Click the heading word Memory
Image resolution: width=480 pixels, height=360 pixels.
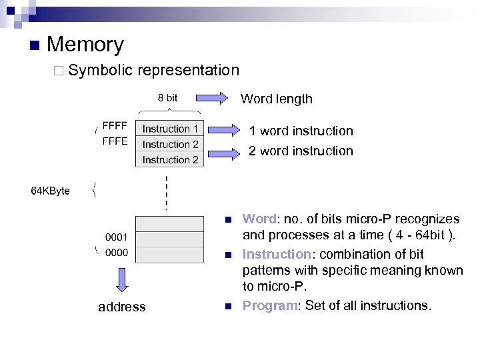point(85,45)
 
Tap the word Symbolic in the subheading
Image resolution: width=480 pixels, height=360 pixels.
point(100,70)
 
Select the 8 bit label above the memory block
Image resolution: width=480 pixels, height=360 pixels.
point(167,99)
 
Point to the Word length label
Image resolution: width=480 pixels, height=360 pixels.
point(276,99)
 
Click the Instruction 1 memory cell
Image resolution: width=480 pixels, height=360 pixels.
point(170,129)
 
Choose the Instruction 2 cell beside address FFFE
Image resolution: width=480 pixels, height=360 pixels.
point(170,144)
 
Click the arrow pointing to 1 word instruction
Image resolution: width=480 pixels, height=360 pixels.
point(223,130)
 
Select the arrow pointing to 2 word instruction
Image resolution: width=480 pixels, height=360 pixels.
point(223,153)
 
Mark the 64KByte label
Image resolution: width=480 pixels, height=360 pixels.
point(51,191)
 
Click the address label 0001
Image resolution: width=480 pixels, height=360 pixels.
point(117,237)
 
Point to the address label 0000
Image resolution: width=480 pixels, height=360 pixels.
point(117,253)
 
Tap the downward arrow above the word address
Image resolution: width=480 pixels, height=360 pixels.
point(122,279)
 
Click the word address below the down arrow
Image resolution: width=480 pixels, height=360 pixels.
point(121,307)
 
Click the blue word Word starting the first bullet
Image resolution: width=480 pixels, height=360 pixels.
point(259,219)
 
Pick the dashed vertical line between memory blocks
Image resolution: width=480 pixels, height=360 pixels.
point(167,193)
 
